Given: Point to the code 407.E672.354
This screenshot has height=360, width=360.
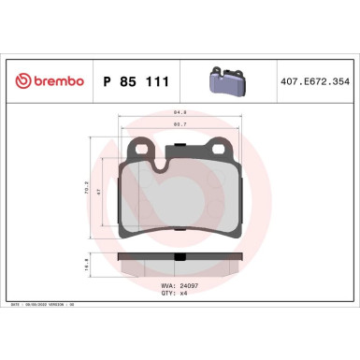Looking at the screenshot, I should click(313, 82).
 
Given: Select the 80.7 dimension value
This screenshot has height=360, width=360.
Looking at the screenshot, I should click(179, 125).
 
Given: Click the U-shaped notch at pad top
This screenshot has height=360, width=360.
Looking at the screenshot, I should click(163, 167).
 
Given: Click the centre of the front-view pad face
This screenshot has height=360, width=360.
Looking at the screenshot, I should click(180, 201).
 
